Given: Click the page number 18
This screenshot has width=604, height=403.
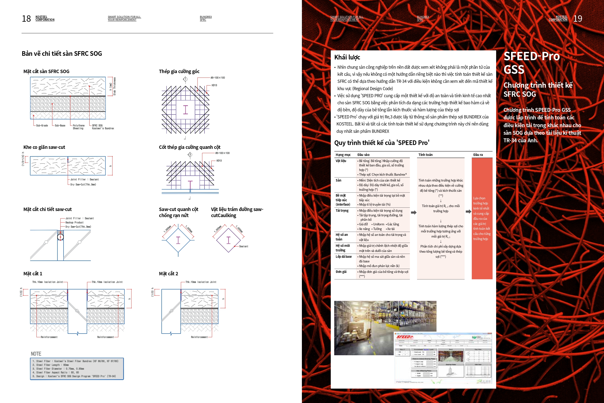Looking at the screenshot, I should (26, 19).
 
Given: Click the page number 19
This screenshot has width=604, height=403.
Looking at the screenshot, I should (577, 19).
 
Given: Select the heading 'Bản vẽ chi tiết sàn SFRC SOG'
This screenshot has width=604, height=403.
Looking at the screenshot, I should (62, 53).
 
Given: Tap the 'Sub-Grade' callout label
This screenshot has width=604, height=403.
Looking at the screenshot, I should (42, 125).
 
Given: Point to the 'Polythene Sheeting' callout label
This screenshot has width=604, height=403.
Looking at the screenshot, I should (78, 127).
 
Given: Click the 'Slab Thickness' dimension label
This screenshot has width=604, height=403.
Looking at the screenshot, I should (114, 86).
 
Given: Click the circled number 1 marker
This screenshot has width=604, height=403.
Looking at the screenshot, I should (185, 79).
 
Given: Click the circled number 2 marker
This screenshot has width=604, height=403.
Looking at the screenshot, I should (190, 154).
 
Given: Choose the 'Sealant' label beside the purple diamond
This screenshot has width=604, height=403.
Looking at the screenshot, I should (243, 246).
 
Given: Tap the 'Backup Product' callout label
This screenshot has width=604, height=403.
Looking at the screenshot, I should (74, 222).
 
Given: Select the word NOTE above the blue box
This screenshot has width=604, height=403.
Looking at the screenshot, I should (36, 354).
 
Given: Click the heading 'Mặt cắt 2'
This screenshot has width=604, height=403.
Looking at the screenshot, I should (168, 273).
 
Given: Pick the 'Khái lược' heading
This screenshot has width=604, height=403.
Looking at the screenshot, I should (347, 57).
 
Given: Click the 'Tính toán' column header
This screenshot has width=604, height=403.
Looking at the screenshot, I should (426, 155).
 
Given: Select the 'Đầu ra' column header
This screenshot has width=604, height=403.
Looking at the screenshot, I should (478, 155).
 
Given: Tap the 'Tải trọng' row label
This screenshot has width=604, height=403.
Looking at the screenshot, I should (342, 211).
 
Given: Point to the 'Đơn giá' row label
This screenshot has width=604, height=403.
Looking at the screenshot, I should (341, 272).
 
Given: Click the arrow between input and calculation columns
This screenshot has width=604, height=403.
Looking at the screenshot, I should (414, 212).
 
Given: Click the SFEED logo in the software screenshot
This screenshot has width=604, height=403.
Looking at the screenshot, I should (404, 337).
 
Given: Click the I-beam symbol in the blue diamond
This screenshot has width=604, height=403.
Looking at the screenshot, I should (178, 240).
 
